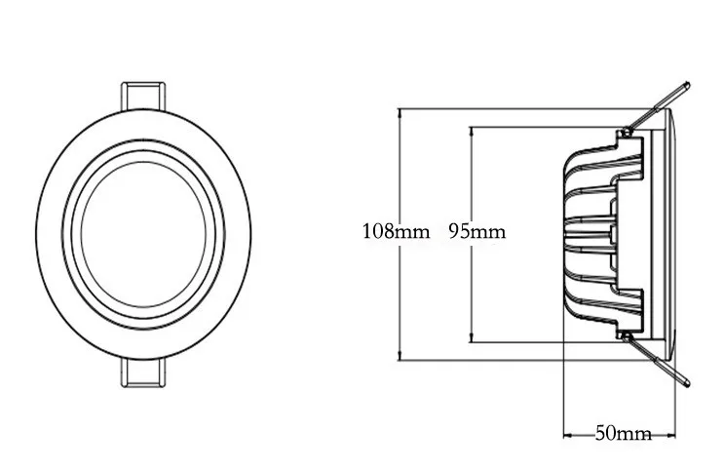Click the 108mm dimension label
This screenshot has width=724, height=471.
[396, 231]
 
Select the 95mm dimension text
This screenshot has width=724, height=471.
[477, 231]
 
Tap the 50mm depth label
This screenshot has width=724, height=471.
[624, 433]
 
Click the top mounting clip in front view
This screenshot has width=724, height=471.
[143, 97]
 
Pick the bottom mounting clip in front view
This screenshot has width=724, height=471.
[143, 373]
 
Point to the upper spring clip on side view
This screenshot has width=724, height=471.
[657, 108]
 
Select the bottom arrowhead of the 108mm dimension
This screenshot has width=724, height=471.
[400, 355]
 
